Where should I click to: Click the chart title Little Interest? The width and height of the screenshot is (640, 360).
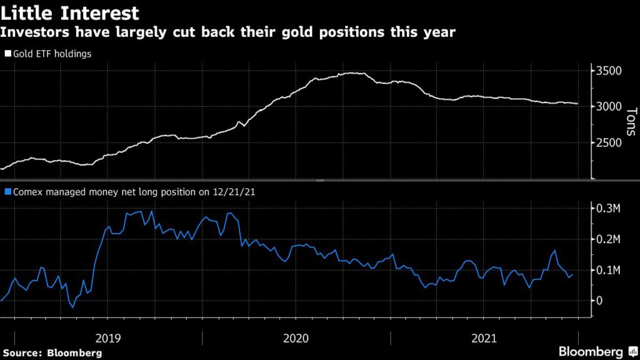70,12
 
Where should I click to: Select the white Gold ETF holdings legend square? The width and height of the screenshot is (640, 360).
7,54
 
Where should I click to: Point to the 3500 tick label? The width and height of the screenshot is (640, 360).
609,71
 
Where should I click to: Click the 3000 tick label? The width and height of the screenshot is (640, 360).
609,107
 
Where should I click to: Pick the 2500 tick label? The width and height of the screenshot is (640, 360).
609,143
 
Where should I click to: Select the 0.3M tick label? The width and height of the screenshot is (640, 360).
609,209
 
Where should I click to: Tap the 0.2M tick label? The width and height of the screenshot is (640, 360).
609,239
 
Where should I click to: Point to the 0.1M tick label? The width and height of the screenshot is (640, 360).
609,270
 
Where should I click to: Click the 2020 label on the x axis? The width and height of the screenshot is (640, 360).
296,338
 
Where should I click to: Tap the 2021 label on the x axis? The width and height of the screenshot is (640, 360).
484,338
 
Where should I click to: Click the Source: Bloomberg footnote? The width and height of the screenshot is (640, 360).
51,353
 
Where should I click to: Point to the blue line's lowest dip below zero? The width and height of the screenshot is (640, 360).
72,307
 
